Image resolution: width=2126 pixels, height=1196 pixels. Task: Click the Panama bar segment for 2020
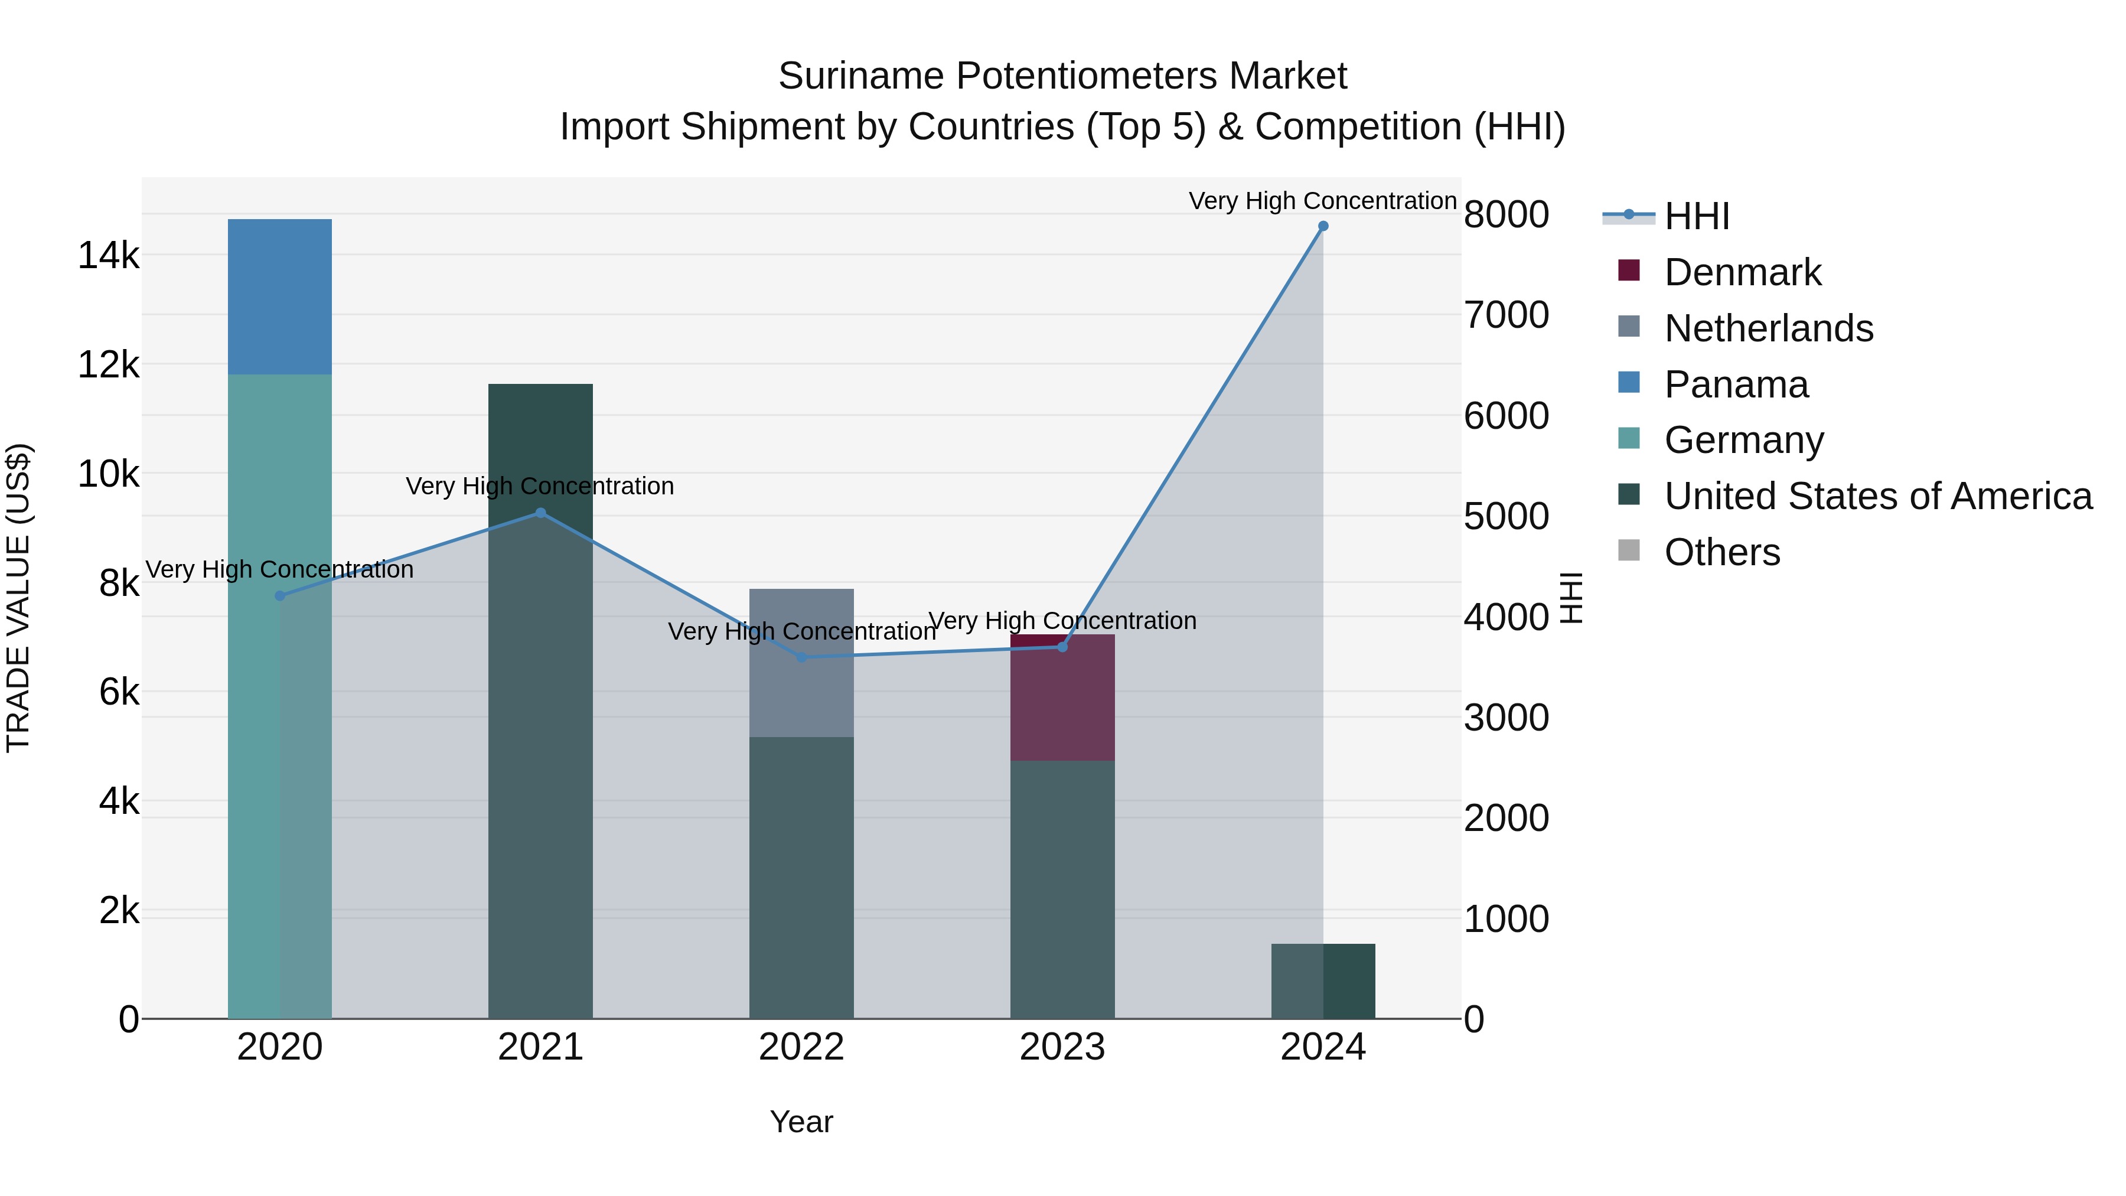[280, 297]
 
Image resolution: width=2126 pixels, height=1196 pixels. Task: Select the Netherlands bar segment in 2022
[801, 663]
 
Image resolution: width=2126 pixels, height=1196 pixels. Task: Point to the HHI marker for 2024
[1323, 226]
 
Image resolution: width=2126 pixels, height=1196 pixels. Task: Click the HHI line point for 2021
[540, 513]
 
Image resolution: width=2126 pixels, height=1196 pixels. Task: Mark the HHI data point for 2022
[801, 657]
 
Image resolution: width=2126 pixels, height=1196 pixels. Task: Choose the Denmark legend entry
[1742, 272]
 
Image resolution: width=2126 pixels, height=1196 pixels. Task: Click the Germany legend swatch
[1629, 438]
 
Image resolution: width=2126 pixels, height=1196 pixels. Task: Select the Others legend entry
[1721, 552]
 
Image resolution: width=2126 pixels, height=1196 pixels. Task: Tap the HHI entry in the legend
[1696, 216]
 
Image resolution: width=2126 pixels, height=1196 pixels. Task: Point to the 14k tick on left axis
[109, 255]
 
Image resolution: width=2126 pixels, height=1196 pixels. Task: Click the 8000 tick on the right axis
[1506, 214]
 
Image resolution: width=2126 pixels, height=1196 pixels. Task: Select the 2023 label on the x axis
[1062, 1047]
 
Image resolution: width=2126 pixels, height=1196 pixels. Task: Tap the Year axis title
[801, 1122]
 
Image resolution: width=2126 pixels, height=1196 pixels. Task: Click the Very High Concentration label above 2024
[1322, 201]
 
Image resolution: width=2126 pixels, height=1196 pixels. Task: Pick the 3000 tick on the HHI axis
[1506, 717]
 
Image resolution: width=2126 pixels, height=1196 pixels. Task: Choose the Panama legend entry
[1736, 384]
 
